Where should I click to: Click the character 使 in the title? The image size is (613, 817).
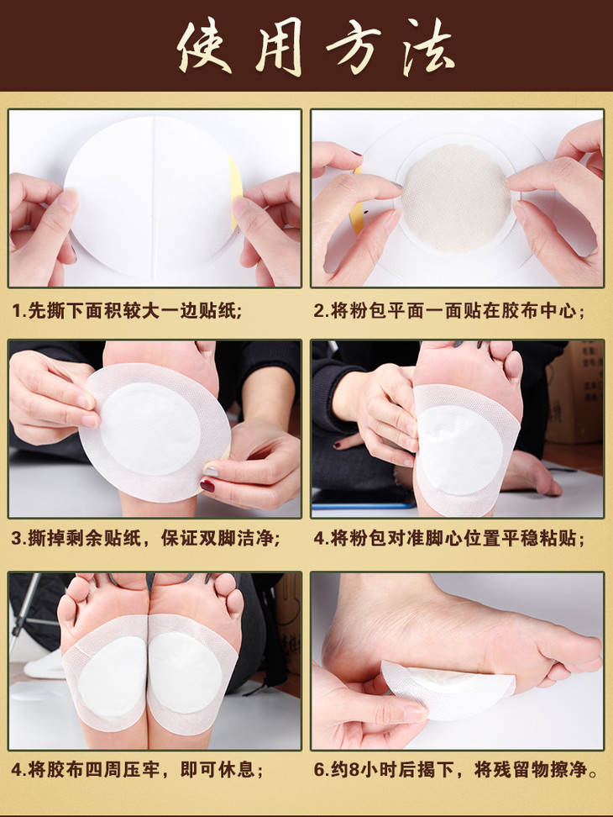[205, 46]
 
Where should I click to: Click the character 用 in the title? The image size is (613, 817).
[280, 48]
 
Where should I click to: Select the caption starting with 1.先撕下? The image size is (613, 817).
[127, 311]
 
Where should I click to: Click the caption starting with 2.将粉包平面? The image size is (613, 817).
[448, 311]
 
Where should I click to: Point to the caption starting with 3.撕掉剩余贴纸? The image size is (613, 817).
[145, 538]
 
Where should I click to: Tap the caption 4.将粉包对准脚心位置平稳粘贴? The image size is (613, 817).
[448, 538]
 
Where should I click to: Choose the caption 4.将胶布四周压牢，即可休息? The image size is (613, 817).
[137, 769]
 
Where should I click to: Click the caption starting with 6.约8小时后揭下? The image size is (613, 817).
[455, 769]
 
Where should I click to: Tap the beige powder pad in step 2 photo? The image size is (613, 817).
[457, 198]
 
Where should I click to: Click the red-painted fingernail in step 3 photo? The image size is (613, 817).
[207, 487]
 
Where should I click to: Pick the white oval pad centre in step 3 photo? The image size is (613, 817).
[149, 430]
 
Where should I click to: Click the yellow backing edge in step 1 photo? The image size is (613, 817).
[235, 192]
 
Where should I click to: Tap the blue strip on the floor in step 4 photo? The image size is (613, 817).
[364, 505]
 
